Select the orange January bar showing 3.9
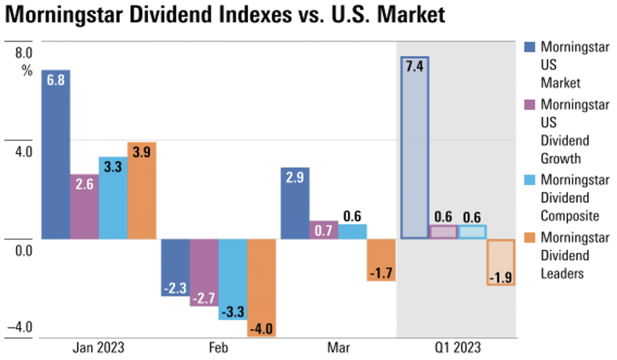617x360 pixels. tap(142, 191)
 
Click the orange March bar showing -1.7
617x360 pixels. tap(381, 260)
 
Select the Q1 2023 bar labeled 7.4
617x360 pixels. tap(415, 148)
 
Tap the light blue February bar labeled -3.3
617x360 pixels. tap(233, 279)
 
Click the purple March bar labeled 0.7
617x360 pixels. tap(324, 230)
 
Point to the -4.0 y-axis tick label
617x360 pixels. tap(20, 327)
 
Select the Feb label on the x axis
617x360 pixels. tap(219, 348)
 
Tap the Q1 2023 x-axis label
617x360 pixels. tap(457, 348)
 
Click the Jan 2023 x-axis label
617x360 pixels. tap(99, 348)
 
